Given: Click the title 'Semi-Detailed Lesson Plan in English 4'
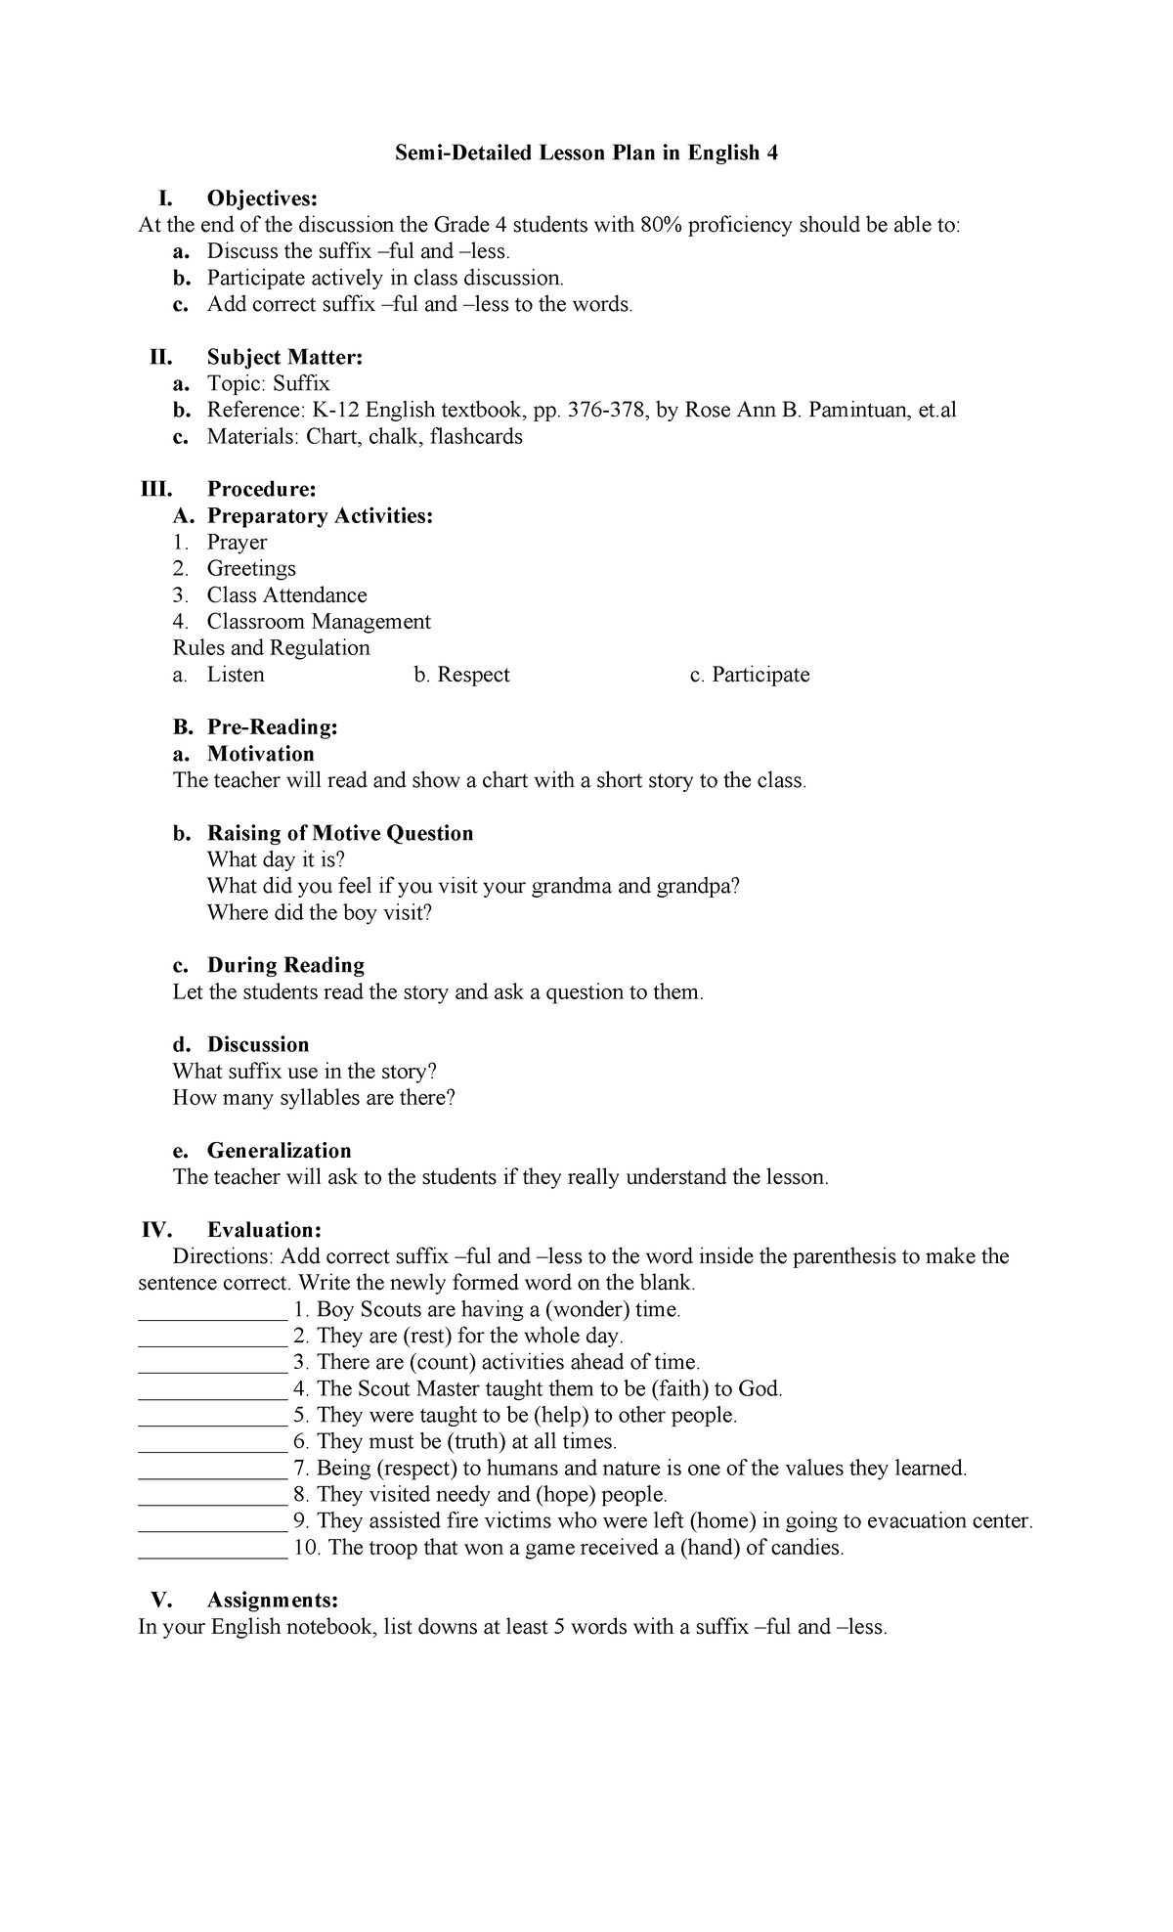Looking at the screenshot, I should click(586, 154).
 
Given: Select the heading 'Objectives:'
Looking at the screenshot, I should click(262, 199).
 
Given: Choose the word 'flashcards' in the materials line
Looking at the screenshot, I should click(476, 437).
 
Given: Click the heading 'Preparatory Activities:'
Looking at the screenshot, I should click(320, 516).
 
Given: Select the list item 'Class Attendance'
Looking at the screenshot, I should click(286, 595).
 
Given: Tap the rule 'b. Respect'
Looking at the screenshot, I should click(461, 675).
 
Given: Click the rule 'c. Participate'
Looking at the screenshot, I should click(750, 675).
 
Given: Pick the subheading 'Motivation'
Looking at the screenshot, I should click(260, 754).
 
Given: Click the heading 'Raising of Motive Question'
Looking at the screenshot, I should click(340, 833).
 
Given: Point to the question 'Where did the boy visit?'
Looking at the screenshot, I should click(319, 913).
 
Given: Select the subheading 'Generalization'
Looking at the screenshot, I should click(279, 1151).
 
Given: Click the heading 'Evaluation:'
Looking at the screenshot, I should click(264, 1230).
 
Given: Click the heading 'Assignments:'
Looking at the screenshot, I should click(273, 1601).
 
